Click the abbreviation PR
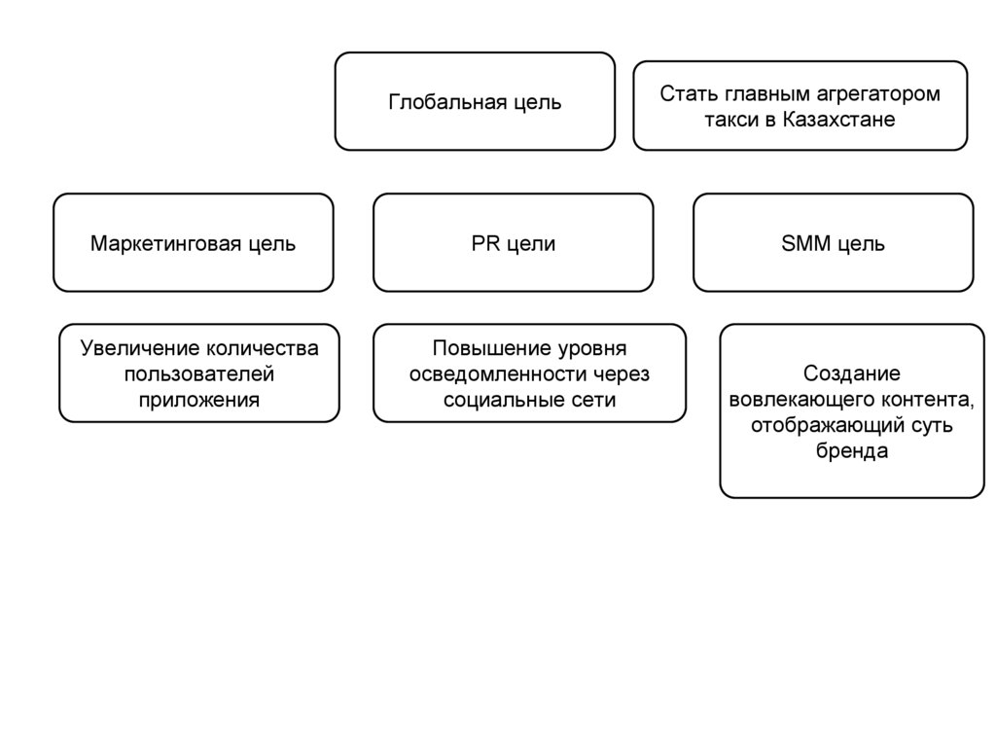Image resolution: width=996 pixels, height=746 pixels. click(486, 243)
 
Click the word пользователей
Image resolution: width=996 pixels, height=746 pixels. click(199, 373)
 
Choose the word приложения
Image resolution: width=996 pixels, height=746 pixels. click(199, 400)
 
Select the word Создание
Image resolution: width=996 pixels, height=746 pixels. click(852, 373)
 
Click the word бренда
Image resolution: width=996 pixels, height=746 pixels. click(852, 452)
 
